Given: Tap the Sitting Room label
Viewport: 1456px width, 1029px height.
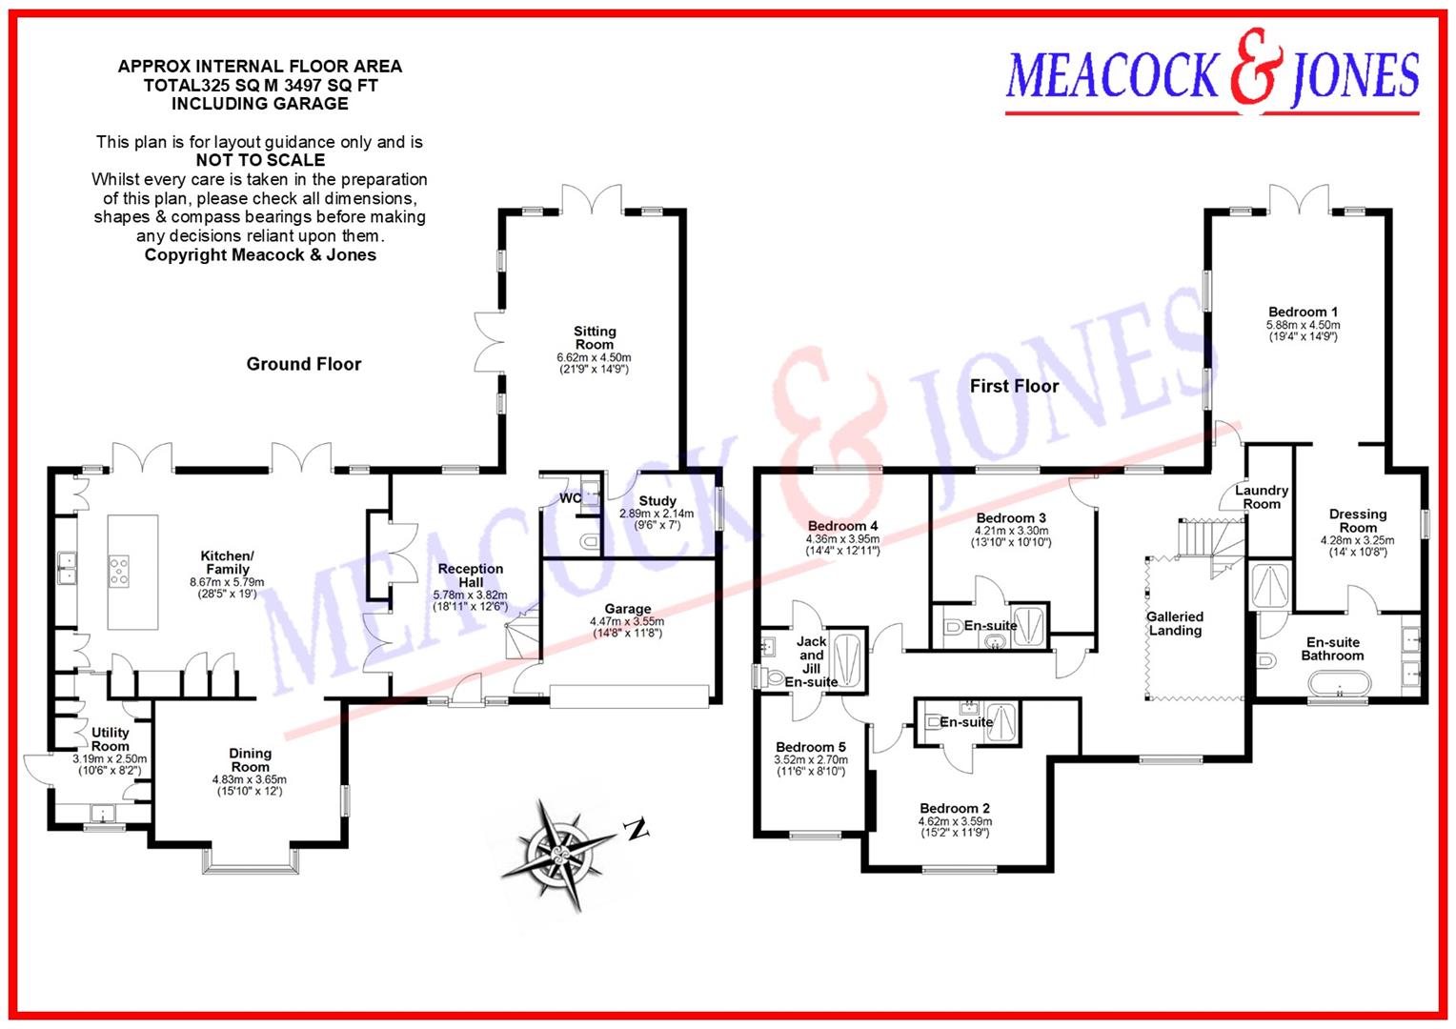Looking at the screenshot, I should click(595, 338).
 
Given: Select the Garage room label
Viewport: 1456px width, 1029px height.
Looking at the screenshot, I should click(627, 609).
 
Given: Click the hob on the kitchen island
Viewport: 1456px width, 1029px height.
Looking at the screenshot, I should click(120, 571).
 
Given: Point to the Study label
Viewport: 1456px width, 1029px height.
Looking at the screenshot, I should click(657, 500).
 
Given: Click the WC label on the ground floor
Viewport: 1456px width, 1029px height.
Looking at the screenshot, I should click(570, 498).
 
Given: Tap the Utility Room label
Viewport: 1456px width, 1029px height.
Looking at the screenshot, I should click(111, 739).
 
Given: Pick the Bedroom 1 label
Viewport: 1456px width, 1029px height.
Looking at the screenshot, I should click(1303, 312).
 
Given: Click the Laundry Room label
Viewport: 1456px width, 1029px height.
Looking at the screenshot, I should click(1262, 496).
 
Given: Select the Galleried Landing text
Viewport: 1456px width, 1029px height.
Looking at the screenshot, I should click(1175, 623).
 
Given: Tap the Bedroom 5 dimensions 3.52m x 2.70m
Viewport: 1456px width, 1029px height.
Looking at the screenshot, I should click(811, 760).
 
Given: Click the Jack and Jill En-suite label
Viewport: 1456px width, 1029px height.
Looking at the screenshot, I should click(811, 661).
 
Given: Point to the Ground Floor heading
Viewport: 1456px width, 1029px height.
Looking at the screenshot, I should click(304, 364).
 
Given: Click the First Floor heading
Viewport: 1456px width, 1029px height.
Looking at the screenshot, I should click(1014, 386).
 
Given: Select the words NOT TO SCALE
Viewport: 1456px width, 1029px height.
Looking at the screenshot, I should click(260, 160).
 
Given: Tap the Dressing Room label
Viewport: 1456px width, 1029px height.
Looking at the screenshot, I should click(1358, 520).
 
